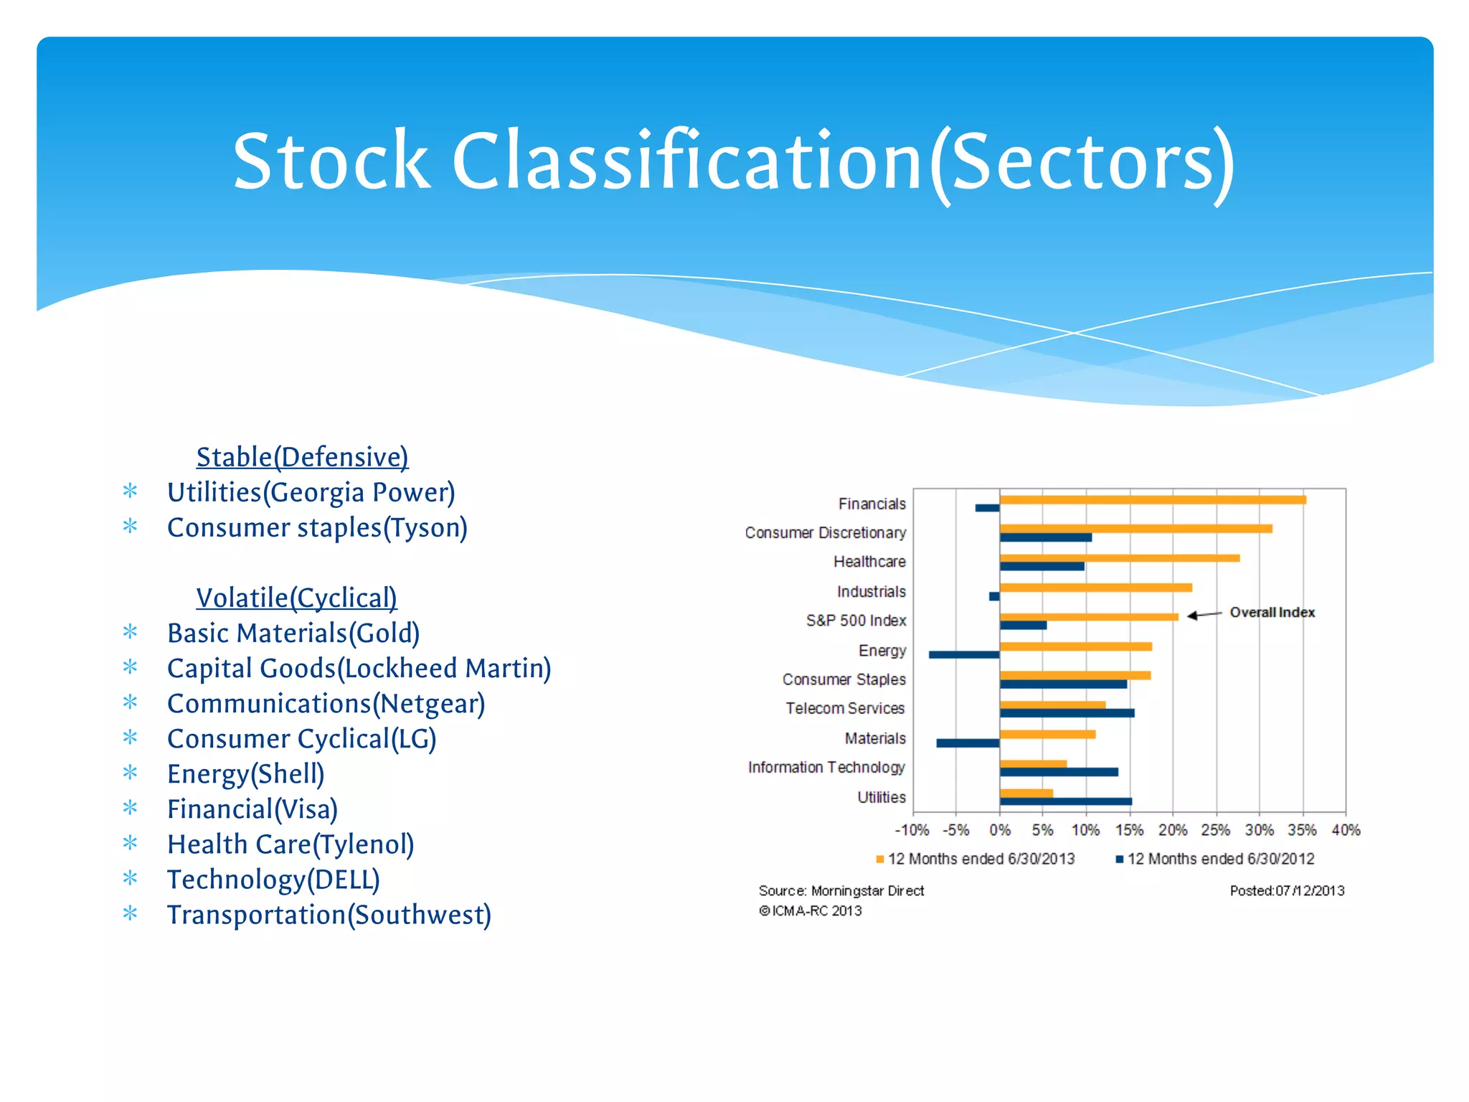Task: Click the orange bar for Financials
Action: (1152, 500)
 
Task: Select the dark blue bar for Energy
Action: (963, 654)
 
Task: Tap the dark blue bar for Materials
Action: (967, 743)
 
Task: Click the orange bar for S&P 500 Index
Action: (1088, 617)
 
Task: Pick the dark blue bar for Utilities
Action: (1065, 801)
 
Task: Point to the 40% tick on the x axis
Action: (1346, 830)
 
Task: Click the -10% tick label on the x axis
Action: (912, 830)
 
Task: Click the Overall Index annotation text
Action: (1272, 612)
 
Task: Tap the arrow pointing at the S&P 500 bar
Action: (1204, 615)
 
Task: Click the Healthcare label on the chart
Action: (869, 562)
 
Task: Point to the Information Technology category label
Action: (826, 768)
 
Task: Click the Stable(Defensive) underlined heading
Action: (302, 457)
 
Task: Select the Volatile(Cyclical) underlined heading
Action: (296, 598)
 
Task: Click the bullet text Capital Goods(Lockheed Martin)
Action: (359, 668)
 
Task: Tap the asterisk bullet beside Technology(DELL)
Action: (130, 878)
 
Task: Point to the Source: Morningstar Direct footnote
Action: (841, 891)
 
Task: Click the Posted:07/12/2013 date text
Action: (1287, 891)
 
